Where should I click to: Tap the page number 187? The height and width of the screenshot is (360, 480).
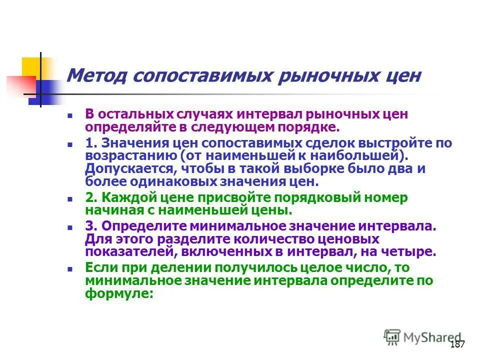click(x=457, y=344)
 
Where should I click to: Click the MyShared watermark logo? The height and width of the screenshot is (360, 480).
click(x=422, y=337)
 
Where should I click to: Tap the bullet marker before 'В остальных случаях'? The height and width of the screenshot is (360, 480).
click(x=70, y=115)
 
